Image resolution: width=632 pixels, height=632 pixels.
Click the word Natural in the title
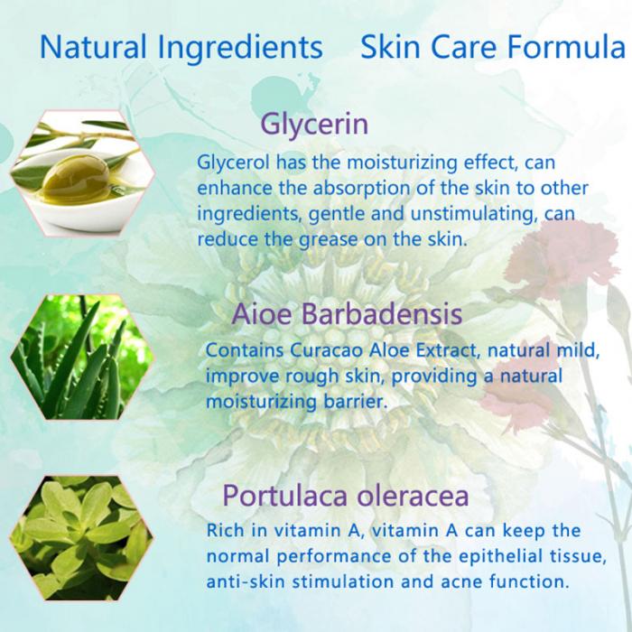pyautogui.click(x=93, y=46)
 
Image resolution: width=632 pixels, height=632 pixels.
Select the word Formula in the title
pyautogui.click(x=566, y=46)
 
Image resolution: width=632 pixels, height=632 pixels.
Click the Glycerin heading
pyautogui.click(x=314, y=125)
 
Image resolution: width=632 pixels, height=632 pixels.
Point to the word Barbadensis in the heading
pyautogui.click(x=382, y=313)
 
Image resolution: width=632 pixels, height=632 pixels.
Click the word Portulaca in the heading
pyautogui.click(x=284, y=496)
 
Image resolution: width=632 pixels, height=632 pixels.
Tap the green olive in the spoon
pyautogui.click(x=76, y=180)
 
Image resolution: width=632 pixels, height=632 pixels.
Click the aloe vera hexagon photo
pyautogui.click(x=82, y=358)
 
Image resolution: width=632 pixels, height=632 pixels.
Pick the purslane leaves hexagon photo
pyautogui.click(x=82, y=538)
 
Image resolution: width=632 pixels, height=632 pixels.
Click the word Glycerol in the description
pyautogui.click(x=233, y=163)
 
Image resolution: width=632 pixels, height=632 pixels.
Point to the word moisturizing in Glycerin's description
pyautogui.click(x=402, y=163)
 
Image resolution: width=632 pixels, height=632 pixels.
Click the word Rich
pyautogui.click(x=226, y=530)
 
